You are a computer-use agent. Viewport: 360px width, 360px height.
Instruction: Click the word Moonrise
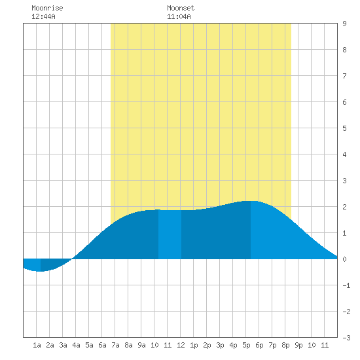[47, 8]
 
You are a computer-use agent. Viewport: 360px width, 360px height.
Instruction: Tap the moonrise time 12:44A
[43, 16]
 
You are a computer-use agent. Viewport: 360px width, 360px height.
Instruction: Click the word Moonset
[181, 8]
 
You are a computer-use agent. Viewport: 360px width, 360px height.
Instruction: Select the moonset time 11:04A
[179, 16]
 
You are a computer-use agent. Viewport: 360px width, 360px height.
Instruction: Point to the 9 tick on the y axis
[344, 24]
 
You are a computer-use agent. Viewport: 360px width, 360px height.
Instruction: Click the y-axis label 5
[344, 128]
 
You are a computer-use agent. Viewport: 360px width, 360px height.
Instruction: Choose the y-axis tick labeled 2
[344, 207]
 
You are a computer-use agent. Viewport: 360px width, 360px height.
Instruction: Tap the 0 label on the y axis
[344, 259]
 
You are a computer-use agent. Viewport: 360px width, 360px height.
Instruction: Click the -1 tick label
[346, 285]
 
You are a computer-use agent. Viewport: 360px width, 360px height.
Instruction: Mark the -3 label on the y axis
[346, 338]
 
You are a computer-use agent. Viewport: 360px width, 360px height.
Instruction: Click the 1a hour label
[37, 345]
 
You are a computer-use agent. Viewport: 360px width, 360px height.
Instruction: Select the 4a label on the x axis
[76, 345]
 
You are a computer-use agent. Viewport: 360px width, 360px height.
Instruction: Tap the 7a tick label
[115, 345]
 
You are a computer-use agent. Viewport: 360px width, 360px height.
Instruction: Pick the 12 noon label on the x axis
[181, 345]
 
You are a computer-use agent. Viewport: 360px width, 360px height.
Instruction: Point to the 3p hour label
[220, 345]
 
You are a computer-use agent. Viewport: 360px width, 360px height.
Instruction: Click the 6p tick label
[259, 345]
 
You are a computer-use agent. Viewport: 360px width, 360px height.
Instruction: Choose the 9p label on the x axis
[298, 345]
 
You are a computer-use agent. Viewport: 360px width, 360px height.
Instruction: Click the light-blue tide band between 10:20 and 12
[170, 234]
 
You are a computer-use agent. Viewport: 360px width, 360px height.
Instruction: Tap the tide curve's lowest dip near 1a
[41, 271]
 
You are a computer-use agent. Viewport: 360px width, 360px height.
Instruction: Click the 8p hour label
[285, 345]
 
